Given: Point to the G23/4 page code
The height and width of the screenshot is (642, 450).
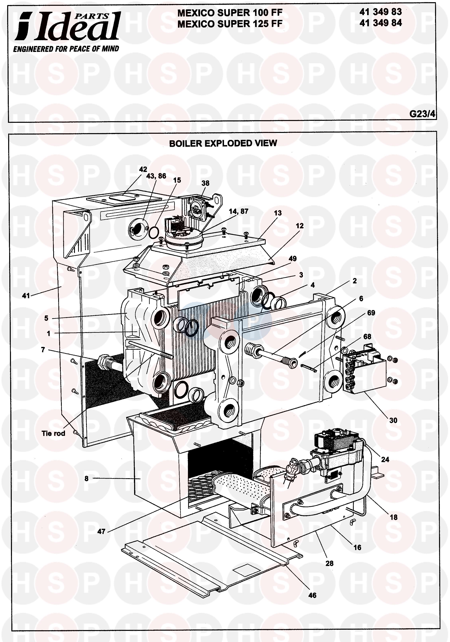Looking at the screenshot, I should click(422, 114).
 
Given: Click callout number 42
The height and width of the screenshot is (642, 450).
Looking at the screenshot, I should click(143, 169).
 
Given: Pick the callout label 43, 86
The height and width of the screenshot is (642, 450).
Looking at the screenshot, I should click(156, 176).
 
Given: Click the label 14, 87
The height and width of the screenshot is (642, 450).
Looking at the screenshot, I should click(238, 211).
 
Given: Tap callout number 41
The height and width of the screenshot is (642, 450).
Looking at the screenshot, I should click(26, 296).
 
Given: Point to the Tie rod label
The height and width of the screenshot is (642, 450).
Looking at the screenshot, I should click(53, 433).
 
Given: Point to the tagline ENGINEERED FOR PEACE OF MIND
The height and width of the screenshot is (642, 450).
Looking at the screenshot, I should click(66, 49).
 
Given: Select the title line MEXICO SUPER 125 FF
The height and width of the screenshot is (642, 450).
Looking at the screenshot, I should click(230, 24).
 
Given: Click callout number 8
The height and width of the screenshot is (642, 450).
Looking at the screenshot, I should click(86, 479).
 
